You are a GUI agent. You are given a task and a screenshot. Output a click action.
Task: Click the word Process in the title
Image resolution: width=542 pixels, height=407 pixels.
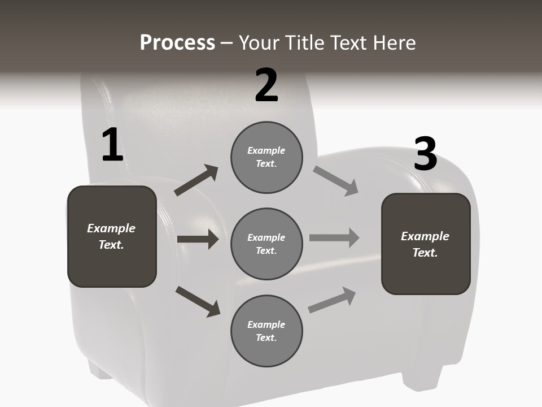pyautogui.click(x=177, y=43)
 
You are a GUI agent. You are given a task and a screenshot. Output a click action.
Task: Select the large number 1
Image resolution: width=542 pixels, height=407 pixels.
pyautogui.click(x=112, y=145)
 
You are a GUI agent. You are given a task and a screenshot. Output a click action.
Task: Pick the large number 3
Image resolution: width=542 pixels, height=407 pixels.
pyautogui.click(x=425, y=154)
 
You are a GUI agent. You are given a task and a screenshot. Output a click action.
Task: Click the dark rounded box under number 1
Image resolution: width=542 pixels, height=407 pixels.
pyautogui.click(x=112, y=236)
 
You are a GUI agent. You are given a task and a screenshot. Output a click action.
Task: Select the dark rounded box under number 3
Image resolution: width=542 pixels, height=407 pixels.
pyautogui.click(x=426, y=244)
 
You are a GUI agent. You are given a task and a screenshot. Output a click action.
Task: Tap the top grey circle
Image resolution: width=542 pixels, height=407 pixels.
pyautogui.click(x=266, y=157)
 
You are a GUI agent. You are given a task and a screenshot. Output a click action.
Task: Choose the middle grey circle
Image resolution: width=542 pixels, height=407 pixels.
pyautogui.click(x=266, y=244)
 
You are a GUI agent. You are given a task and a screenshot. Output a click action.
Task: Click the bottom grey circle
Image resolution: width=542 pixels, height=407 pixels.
pyautogui.click(x=266, y=331)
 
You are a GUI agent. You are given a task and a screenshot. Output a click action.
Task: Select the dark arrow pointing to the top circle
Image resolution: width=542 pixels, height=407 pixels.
pyautogui.click(x=196, y=180)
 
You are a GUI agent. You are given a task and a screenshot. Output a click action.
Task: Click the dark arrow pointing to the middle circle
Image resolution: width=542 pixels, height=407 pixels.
pyautogui.click(x=198, y=239)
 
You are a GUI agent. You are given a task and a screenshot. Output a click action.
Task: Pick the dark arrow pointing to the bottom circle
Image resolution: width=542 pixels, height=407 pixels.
pyautogui.click(x=198, y=301)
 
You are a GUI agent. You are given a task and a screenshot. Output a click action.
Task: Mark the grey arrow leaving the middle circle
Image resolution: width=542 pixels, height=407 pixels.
pyautogui.click(x=334, y=237)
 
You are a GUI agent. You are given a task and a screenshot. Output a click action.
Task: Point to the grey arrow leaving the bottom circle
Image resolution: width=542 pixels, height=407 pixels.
pyautogui.click(x=333, y=300)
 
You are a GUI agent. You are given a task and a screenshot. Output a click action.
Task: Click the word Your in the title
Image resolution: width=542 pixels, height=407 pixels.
pyautogui.click(x=260, y=43)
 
